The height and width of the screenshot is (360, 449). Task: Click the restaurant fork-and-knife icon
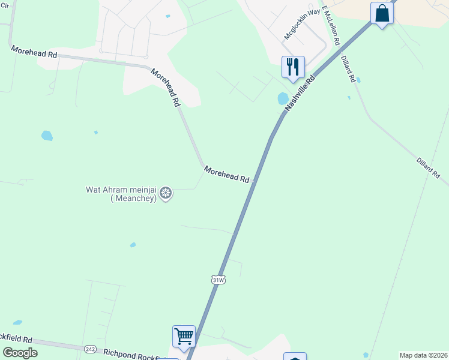(x=293, y=67)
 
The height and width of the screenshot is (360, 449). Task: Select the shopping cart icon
(x=184, y=336)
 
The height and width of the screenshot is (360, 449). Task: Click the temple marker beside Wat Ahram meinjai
(x=166, y=193)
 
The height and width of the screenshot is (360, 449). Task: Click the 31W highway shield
(x=218, y=280)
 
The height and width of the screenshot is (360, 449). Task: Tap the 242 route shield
(x=90, y=349)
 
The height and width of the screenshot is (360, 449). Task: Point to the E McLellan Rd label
(x=331, y=27)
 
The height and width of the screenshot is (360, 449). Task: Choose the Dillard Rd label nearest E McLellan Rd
(x=350, y=70)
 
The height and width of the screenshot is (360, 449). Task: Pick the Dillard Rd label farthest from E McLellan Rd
(x=429, y=168)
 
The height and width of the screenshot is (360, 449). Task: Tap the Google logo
(x=20, y=353)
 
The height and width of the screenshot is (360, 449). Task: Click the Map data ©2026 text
(x=423, y=355)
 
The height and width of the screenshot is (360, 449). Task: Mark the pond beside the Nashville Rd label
(x=283, y=98)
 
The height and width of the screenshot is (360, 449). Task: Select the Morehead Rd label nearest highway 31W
(x=226, y=175)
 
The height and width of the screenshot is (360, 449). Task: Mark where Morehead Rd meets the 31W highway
(x=255, y=180)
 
